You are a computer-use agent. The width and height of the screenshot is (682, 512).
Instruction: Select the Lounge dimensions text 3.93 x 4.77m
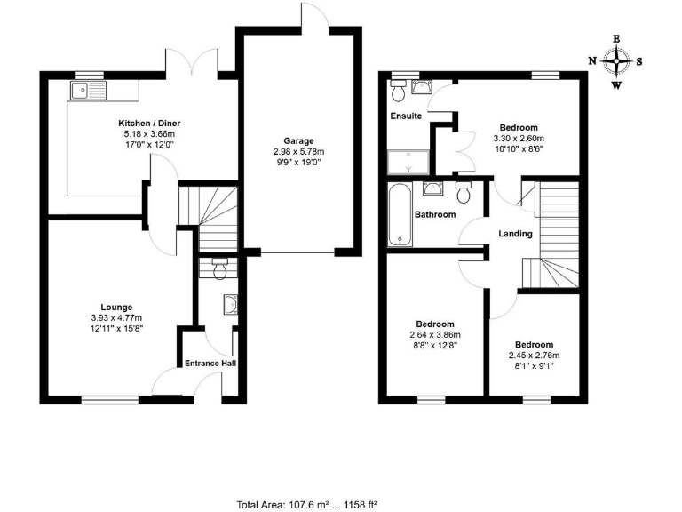[x=115, y=318]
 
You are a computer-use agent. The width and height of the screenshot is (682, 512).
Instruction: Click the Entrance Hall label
[x=210, y=363]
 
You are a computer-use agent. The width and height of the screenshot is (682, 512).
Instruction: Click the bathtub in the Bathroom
[x=400, y=214]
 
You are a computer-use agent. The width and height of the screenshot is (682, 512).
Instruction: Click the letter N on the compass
[x=592, y=61]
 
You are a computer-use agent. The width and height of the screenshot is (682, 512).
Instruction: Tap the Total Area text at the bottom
[x=306, y=504]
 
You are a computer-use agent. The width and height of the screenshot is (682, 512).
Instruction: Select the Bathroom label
[x=435, y=214]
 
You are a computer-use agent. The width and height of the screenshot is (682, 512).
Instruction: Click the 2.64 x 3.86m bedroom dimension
[x=435, y=335]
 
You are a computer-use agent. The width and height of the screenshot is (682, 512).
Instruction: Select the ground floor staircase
[x=213, y=218]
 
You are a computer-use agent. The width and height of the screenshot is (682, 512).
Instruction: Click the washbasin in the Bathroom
[x=432, y=188]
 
